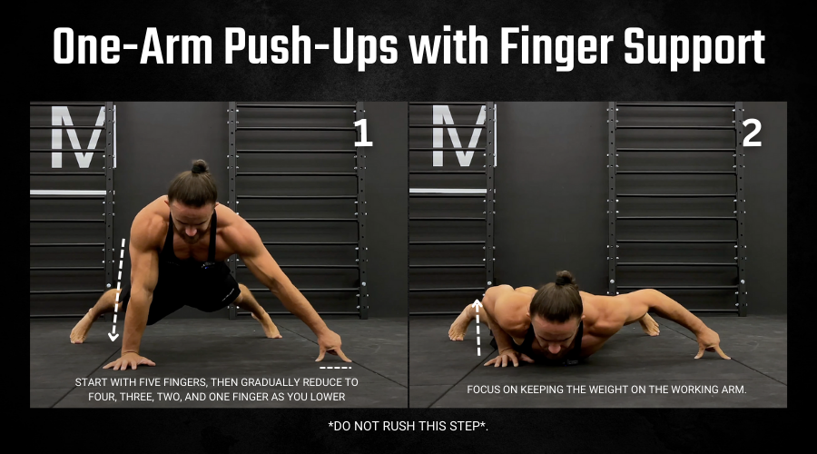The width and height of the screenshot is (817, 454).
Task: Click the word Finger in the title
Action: point(556,47)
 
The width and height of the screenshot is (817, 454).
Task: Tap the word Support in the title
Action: point(694,48)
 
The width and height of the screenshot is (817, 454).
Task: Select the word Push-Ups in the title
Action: point(311,47)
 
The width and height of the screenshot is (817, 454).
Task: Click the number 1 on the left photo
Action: point(362,133)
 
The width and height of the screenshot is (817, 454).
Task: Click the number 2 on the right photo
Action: point(752,133)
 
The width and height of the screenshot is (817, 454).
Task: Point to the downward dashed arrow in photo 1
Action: point(118,290)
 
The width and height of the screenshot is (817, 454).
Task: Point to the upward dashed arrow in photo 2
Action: point(477,328)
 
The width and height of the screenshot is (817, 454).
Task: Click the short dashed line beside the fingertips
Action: point(335,368)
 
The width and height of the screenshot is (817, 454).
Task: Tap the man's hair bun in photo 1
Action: point(199,167)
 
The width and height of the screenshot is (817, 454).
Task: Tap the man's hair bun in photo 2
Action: point(565,279)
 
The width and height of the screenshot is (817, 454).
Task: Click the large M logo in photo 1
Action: point(78,136)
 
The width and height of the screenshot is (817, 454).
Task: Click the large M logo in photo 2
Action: point(459,136)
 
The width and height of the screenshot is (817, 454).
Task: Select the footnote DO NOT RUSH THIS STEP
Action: point(408,426)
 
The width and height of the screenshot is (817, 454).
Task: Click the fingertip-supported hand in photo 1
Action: point(332,347)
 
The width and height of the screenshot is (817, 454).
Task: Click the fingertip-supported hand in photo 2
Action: point(712,345)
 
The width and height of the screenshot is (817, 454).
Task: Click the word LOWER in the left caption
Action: point(329,397)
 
